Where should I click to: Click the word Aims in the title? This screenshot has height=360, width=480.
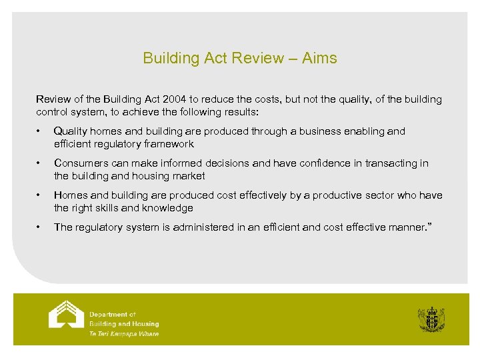coord(319,58)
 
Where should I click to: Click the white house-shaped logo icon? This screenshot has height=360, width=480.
coord(66,315)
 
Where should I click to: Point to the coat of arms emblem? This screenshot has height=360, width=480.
coord(431,319)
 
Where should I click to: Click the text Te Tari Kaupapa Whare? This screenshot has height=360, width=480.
coord(124,334)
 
